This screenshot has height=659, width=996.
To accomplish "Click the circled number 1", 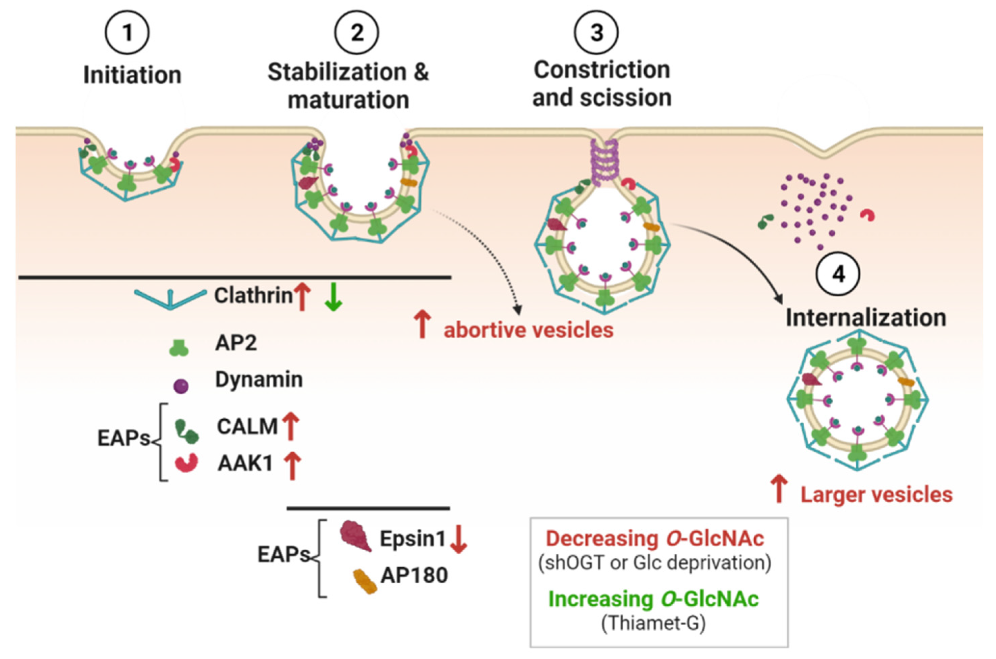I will click(x=127, y=33).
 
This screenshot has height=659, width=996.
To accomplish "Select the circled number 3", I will click(x=596, y=33).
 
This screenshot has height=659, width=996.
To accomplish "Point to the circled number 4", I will click(x=838, y=274).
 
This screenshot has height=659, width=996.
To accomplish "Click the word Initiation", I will click(x=132, y=75).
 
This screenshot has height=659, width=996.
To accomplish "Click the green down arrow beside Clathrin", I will click(x=333, y=296).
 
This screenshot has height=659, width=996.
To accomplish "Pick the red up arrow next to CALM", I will click(x=291, y=426).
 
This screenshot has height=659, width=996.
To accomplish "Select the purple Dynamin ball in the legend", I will click(x=181, y=386).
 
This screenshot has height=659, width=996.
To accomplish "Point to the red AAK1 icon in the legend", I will click(x=186, y=463).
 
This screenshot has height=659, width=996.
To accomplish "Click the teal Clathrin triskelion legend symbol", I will click(x=170, y=298).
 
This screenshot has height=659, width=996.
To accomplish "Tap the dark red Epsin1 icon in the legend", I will click(x=355, y=536).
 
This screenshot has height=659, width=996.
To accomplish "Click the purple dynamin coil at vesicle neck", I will click(x=604, y=164).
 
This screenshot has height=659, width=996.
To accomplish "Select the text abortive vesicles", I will click(x=529, y=330).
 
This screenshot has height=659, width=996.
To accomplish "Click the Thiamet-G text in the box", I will click(x=653, y=623).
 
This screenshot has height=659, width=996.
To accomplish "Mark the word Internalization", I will click(x=866, y=318).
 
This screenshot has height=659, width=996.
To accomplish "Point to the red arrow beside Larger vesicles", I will click(x=780, y=489).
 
